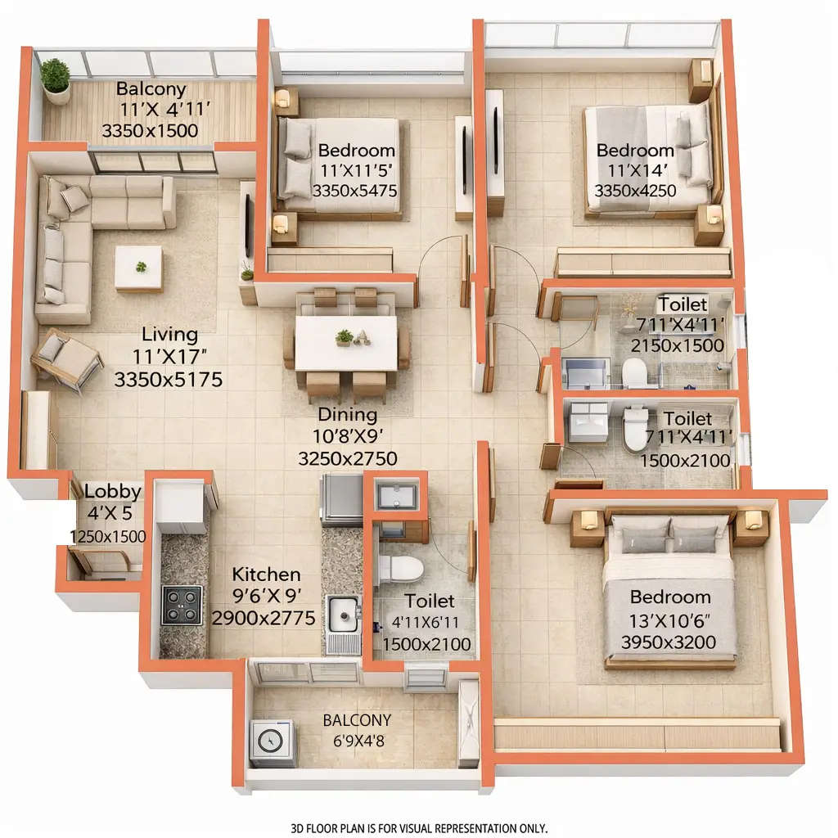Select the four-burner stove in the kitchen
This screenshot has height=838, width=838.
[181, 606]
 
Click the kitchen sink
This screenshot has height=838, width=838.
[344, 613]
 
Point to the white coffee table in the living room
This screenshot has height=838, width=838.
[138, 268]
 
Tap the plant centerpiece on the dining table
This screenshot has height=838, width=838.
[345, 336]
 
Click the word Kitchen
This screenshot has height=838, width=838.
[266, 574]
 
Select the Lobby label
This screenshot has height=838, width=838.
[113, 492]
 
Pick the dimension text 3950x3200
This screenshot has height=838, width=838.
[669, 642]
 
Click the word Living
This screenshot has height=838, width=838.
[169, 334]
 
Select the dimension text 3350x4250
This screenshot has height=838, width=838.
[635, 191]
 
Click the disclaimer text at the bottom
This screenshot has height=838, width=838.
[419, 828]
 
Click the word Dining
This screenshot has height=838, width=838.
[347, 414]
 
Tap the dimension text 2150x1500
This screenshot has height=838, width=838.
[678, 345]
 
